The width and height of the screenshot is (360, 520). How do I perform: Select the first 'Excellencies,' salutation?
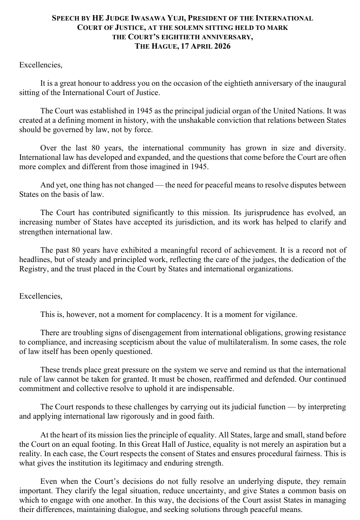(x=41, y=65)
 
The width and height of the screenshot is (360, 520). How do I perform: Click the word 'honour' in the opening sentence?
(x=95, y=83)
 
